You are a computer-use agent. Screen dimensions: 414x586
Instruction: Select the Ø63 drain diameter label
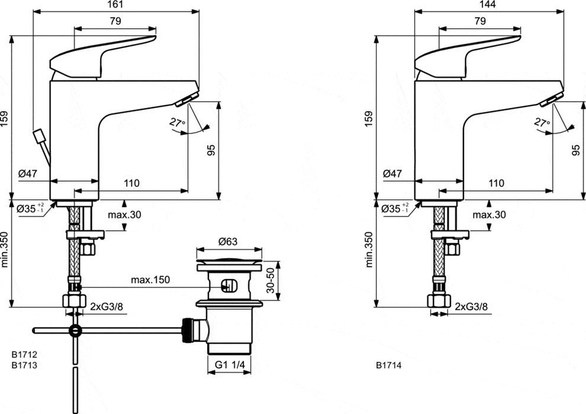(228, 241)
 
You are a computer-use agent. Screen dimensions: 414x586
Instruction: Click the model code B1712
(24, 354)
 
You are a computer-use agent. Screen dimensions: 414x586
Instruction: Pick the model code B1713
(24, 365)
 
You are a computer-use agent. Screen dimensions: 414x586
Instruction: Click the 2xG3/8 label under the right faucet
(471, 306)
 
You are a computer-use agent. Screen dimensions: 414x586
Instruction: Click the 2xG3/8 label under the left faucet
(107, 306)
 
